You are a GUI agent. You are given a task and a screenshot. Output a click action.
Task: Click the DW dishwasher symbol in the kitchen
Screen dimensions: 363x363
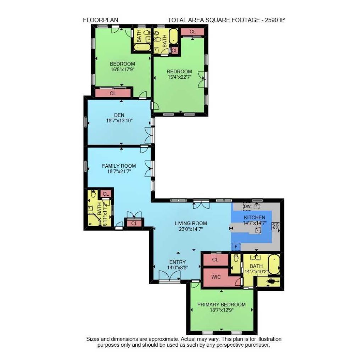[247, 206]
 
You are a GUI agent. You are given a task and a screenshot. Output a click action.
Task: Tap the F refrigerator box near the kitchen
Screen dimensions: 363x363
[236, 246]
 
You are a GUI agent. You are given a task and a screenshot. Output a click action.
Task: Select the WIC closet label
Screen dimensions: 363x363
[216, 277]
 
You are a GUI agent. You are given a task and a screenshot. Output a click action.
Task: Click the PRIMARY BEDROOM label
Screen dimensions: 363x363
[221, 305]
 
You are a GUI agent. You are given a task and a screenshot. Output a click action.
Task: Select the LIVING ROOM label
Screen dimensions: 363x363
[191, 223]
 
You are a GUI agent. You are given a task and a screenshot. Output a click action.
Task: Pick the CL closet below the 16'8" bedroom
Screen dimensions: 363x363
[113, 94]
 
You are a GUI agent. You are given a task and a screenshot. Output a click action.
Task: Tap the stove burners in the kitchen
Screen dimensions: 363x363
[275, 226]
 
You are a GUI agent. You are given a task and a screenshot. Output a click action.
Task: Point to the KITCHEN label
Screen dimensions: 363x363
[254, 217]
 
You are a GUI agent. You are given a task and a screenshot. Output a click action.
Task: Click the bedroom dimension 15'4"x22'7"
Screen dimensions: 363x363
[179, 77]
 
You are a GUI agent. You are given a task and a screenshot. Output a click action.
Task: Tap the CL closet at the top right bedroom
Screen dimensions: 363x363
[192, 32]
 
